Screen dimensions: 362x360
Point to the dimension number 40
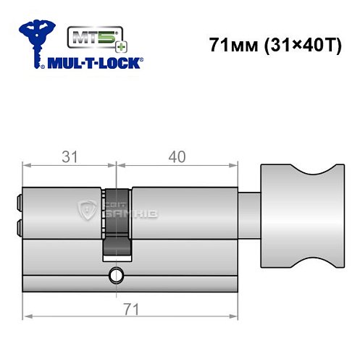[x=177, y=156]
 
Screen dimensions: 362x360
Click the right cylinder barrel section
[x=185, y=214]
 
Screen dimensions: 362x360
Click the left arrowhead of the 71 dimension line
[x=27, y=317]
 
